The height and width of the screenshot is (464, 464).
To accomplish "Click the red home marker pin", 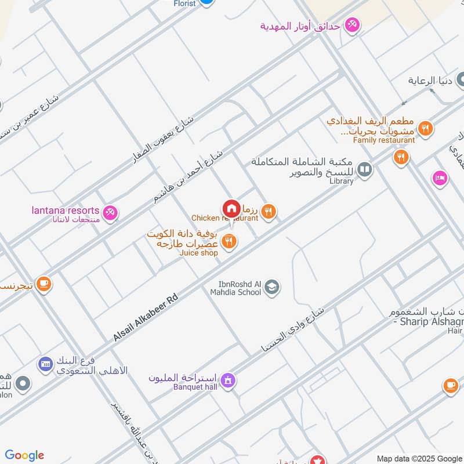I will [x=231, y=208].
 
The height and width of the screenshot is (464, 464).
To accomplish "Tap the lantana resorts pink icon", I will [x=110, y=213].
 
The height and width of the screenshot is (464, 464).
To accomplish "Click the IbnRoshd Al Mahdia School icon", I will [x=271, y=287].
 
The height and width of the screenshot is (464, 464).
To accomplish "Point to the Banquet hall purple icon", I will [x=229, y=380].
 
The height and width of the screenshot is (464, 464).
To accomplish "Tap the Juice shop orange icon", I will [x=230, y=241].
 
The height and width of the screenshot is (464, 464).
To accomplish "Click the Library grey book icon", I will [x=364, y=169].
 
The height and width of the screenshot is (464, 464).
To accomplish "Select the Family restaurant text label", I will [x=384, y=140].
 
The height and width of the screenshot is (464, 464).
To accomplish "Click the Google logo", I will [x=24, y=455].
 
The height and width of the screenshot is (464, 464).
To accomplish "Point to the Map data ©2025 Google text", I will [x=419, y=458].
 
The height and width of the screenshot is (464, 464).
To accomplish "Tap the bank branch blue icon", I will [x=45, y=364].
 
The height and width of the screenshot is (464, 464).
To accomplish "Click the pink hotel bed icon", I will [x=440, y=179].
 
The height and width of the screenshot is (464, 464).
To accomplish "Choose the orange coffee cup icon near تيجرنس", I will [x=43, y=284].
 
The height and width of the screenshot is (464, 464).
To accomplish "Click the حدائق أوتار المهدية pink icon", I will [x=352, y=25].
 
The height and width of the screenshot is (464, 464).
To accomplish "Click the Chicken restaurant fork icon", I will [x=267, y=211].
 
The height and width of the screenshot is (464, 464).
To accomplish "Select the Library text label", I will [x=341, y=181].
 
